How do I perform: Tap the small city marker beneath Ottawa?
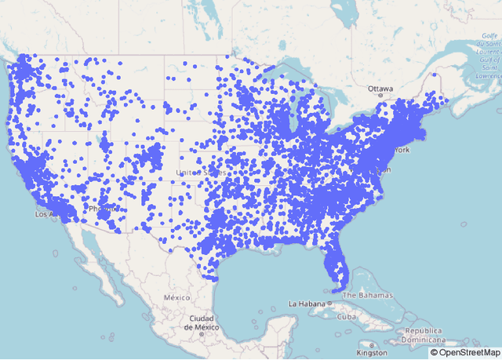pos(380,95)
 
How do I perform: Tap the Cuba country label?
pos(337,317)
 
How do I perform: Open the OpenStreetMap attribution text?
pos(464,353)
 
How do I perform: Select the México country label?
pos(177,298)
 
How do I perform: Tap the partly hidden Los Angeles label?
pos(44,213)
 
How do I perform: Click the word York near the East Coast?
pos(402,149)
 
